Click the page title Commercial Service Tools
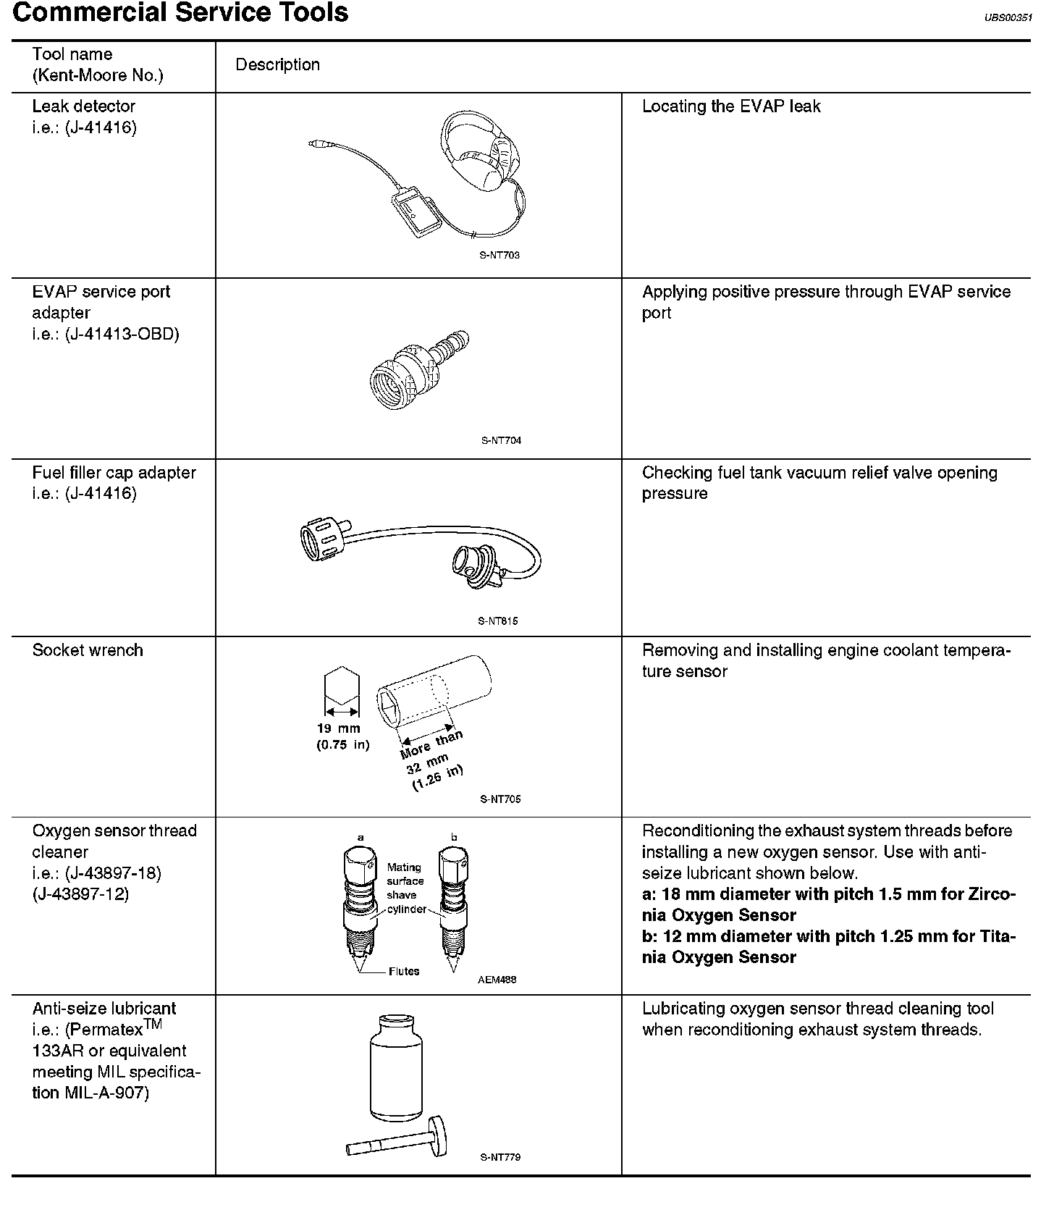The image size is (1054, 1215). click(x=180, y=13)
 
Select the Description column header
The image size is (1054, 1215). click(x=277, y=64)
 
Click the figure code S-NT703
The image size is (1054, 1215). click(x=499, y=255)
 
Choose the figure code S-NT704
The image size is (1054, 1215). click(x=500, y=440)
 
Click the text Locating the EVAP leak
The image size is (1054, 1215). click(x=731, y=106)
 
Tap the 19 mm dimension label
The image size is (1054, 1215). click(x=338, y=728)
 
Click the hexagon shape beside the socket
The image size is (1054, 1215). click(x=340, y=686)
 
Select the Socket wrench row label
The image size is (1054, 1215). click(x=88, y=650)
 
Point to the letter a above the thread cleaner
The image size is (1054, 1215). click(x=361, y=838)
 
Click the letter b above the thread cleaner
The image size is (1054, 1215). click(x=454, y=838)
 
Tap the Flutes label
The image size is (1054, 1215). click(x=403, y=971)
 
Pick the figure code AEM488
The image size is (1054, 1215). click(x=497, y=980)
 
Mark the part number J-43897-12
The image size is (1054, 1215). click(x=80, y=894)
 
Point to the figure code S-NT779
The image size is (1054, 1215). click(x=499, y=1157)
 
